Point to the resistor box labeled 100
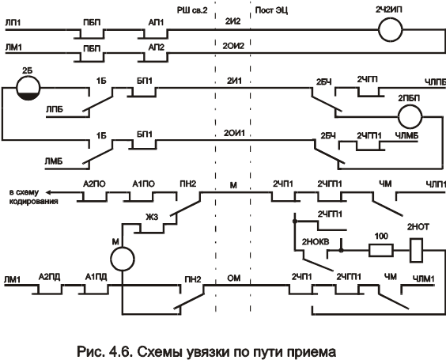point(381,251)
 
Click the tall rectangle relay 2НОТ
point(416,251)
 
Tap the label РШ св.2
point(192,10)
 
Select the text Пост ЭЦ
point(271,10)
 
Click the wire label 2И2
point(233,21)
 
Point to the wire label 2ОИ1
point(234,133)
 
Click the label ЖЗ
point(152,218)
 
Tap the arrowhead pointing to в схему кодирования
point(48,193)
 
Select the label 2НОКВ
point(316,242)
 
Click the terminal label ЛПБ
point(55,109)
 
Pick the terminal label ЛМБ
point(54,161)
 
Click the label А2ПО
point(94,184)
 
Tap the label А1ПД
point(96,277)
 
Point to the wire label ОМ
point(234,278)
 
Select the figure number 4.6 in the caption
point(120,351)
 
